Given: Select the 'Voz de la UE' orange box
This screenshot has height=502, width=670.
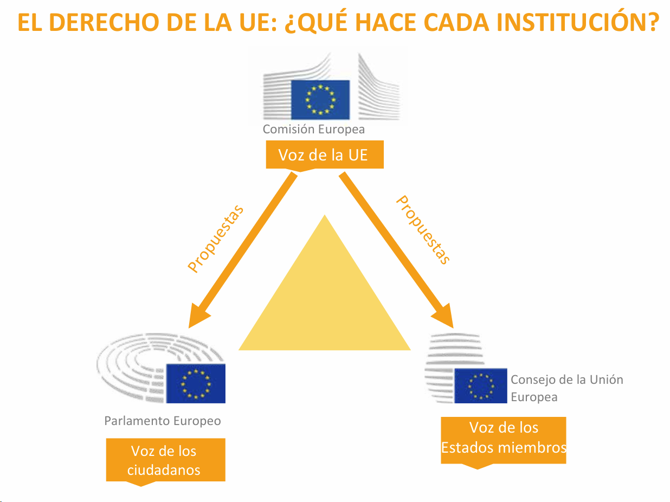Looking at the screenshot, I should (324, 155).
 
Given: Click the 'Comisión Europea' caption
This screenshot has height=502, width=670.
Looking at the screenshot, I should (313, 130).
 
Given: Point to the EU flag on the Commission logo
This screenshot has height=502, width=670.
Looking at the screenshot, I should (320, 100).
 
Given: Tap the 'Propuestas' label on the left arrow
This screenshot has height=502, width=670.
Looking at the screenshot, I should (215, 239).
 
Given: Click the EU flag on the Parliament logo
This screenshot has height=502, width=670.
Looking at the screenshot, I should (195, 383).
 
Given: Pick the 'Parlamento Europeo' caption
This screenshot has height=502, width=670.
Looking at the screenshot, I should (163, 421).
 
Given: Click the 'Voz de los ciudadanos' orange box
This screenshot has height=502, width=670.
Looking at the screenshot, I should (165, 460).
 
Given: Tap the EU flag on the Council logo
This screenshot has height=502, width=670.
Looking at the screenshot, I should (480, 385).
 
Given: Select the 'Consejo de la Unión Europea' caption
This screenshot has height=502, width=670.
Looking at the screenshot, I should (566, 388).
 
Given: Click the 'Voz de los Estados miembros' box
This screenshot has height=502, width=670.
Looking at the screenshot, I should (504, 438).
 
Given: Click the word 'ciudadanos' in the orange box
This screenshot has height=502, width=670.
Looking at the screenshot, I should (164, 470).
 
